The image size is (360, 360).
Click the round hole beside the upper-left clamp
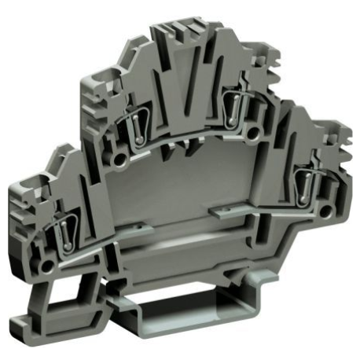119,160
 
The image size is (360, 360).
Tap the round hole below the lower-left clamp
49,268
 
